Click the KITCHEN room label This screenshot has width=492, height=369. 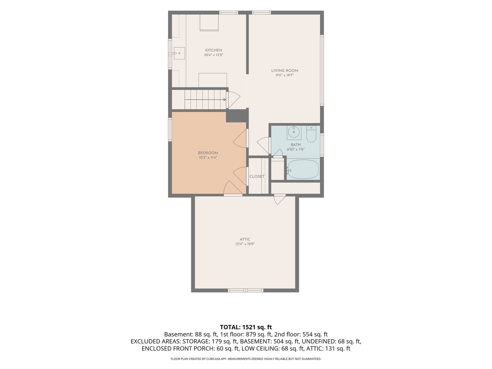[214, 51]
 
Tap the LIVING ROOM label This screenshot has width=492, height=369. [285, 71]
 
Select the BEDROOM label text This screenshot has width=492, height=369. [208, 153]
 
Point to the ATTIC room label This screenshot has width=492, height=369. [245, 239]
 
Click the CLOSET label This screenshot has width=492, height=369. [257, 176]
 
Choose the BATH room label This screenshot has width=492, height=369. [296, 145]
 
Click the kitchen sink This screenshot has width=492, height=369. [179, 53]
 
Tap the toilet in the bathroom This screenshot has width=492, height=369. [311, 134]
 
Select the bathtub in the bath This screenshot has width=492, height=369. [303, 169]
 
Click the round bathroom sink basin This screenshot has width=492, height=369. [293, 132]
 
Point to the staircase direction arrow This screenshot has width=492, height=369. [205, 99]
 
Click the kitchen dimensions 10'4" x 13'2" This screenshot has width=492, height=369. [214, 55]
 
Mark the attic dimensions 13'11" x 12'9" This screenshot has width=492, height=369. [245, 244]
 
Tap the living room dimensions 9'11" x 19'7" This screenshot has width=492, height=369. [285, 75]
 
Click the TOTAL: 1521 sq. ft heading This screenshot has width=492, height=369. [246, 327]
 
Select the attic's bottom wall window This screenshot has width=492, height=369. [246, 290]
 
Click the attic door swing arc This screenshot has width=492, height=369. [280, 201]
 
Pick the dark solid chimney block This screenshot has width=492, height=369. [237, 116]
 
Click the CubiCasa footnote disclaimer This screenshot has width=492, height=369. [246, 359]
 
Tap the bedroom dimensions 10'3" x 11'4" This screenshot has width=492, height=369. [208, 158]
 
